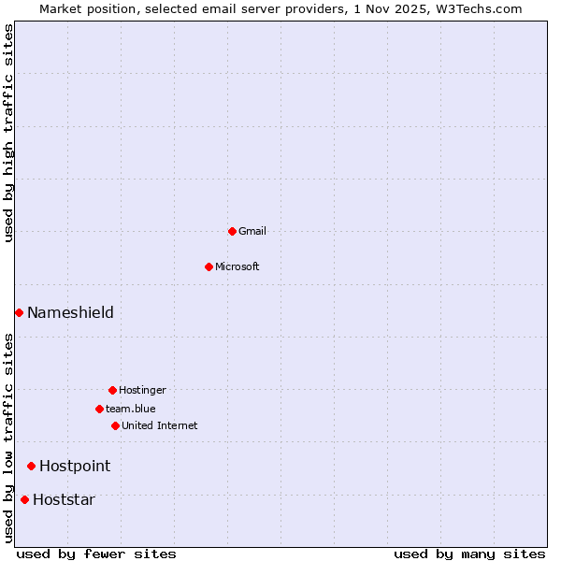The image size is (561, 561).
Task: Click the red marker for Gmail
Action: tap(232, 231)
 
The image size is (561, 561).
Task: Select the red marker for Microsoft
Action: tap(209, 266)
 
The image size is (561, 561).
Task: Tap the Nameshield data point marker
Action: tap(19, 312)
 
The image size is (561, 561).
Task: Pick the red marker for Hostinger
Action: tap(112, 390)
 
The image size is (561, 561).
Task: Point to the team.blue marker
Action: tap(99, 409)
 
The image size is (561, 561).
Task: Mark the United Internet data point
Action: tap(115, 425)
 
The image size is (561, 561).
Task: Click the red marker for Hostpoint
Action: tap(31, 466)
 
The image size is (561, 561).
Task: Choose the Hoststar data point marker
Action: tap(24, 499)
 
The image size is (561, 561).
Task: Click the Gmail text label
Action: tap(252, 231)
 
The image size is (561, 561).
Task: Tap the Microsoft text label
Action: tap(237, 266)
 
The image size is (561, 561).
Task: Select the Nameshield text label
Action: tap(70, 312)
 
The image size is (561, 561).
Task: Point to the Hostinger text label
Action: tap(142, 390)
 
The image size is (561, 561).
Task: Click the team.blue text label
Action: tap(131, 409)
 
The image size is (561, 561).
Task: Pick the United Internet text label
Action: tap(160, 425)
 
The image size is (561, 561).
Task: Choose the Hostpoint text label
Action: tap(75, 466)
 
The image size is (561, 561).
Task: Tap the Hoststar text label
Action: tap(64, 499)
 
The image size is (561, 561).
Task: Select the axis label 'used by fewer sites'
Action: tap(96, 554)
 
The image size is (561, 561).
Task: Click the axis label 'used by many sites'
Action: tap(468, 554)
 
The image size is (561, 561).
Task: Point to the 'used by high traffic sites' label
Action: tap(8, 133)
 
